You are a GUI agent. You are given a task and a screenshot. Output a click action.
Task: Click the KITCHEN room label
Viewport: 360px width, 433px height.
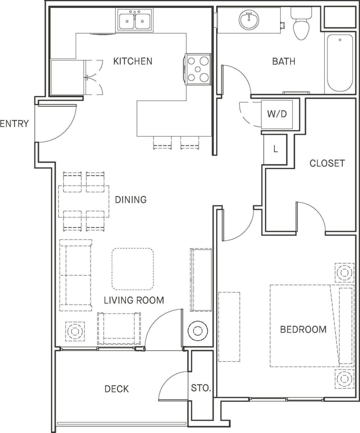[133, 61]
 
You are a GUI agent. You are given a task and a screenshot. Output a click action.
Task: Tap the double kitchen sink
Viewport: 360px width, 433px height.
[135, 20]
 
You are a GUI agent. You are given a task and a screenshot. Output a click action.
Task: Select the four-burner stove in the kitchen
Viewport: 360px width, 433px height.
[198, 69]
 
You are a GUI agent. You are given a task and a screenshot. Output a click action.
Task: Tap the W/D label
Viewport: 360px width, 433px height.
[277, 114]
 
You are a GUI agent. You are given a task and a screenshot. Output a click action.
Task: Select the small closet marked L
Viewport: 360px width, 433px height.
[275, 149]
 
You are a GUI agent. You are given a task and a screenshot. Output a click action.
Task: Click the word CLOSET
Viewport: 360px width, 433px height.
[327, 163]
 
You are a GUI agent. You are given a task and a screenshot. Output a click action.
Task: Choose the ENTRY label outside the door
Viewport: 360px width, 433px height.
[14, 124]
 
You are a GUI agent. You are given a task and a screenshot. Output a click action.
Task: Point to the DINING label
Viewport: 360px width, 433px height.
[131, 200]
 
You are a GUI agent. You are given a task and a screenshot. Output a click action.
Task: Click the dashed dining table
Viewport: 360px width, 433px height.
[84, 201]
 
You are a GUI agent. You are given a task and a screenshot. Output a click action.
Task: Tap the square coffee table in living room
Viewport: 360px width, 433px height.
[133, 269]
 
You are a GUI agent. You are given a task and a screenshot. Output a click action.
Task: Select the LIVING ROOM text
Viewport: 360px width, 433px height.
[134, 300]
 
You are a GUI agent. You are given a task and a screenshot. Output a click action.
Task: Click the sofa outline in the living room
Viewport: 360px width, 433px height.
[75, 275]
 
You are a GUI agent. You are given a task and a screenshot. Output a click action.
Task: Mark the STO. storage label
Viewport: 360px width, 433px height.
[201, 388]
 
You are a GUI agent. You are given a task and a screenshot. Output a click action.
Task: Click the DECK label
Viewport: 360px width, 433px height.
[117, 389]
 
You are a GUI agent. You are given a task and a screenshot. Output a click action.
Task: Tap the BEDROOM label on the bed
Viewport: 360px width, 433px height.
[303, 329]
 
